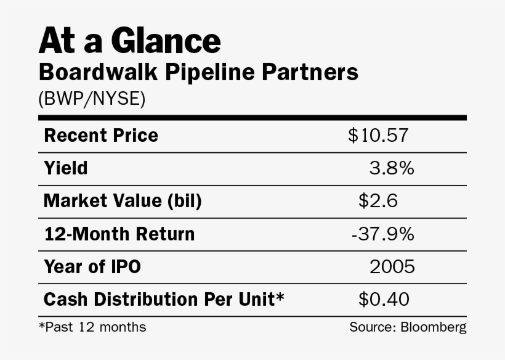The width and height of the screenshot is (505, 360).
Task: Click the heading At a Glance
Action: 129,41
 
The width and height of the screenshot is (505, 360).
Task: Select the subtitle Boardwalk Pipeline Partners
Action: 198,72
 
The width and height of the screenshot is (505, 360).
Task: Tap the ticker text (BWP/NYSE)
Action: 92,99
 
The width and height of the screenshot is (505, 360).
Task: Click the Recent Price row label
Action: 101,135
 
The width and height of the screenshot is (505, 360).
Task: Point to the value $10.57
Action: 378,135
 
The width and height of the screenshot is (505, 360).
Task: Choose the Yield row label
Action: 66,168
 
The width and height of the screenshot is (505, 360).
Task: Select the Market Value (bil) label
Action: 123,201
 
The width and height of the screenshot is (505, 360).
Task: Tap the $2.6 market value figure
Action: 378,201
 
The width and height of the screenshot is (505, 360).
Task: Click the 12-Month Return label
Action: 119,234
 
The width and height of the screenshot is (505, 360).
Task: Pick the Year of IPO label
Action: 92,267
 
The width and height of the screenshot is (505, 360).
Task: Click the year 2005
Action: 392,267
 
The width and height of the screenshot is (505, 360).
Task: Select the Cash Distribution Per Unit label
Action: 164,300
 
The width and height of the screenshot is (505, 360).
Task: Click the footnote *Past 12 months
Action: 92,327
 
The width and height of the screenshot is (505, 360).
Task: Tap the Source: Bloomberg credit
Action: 408,327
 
